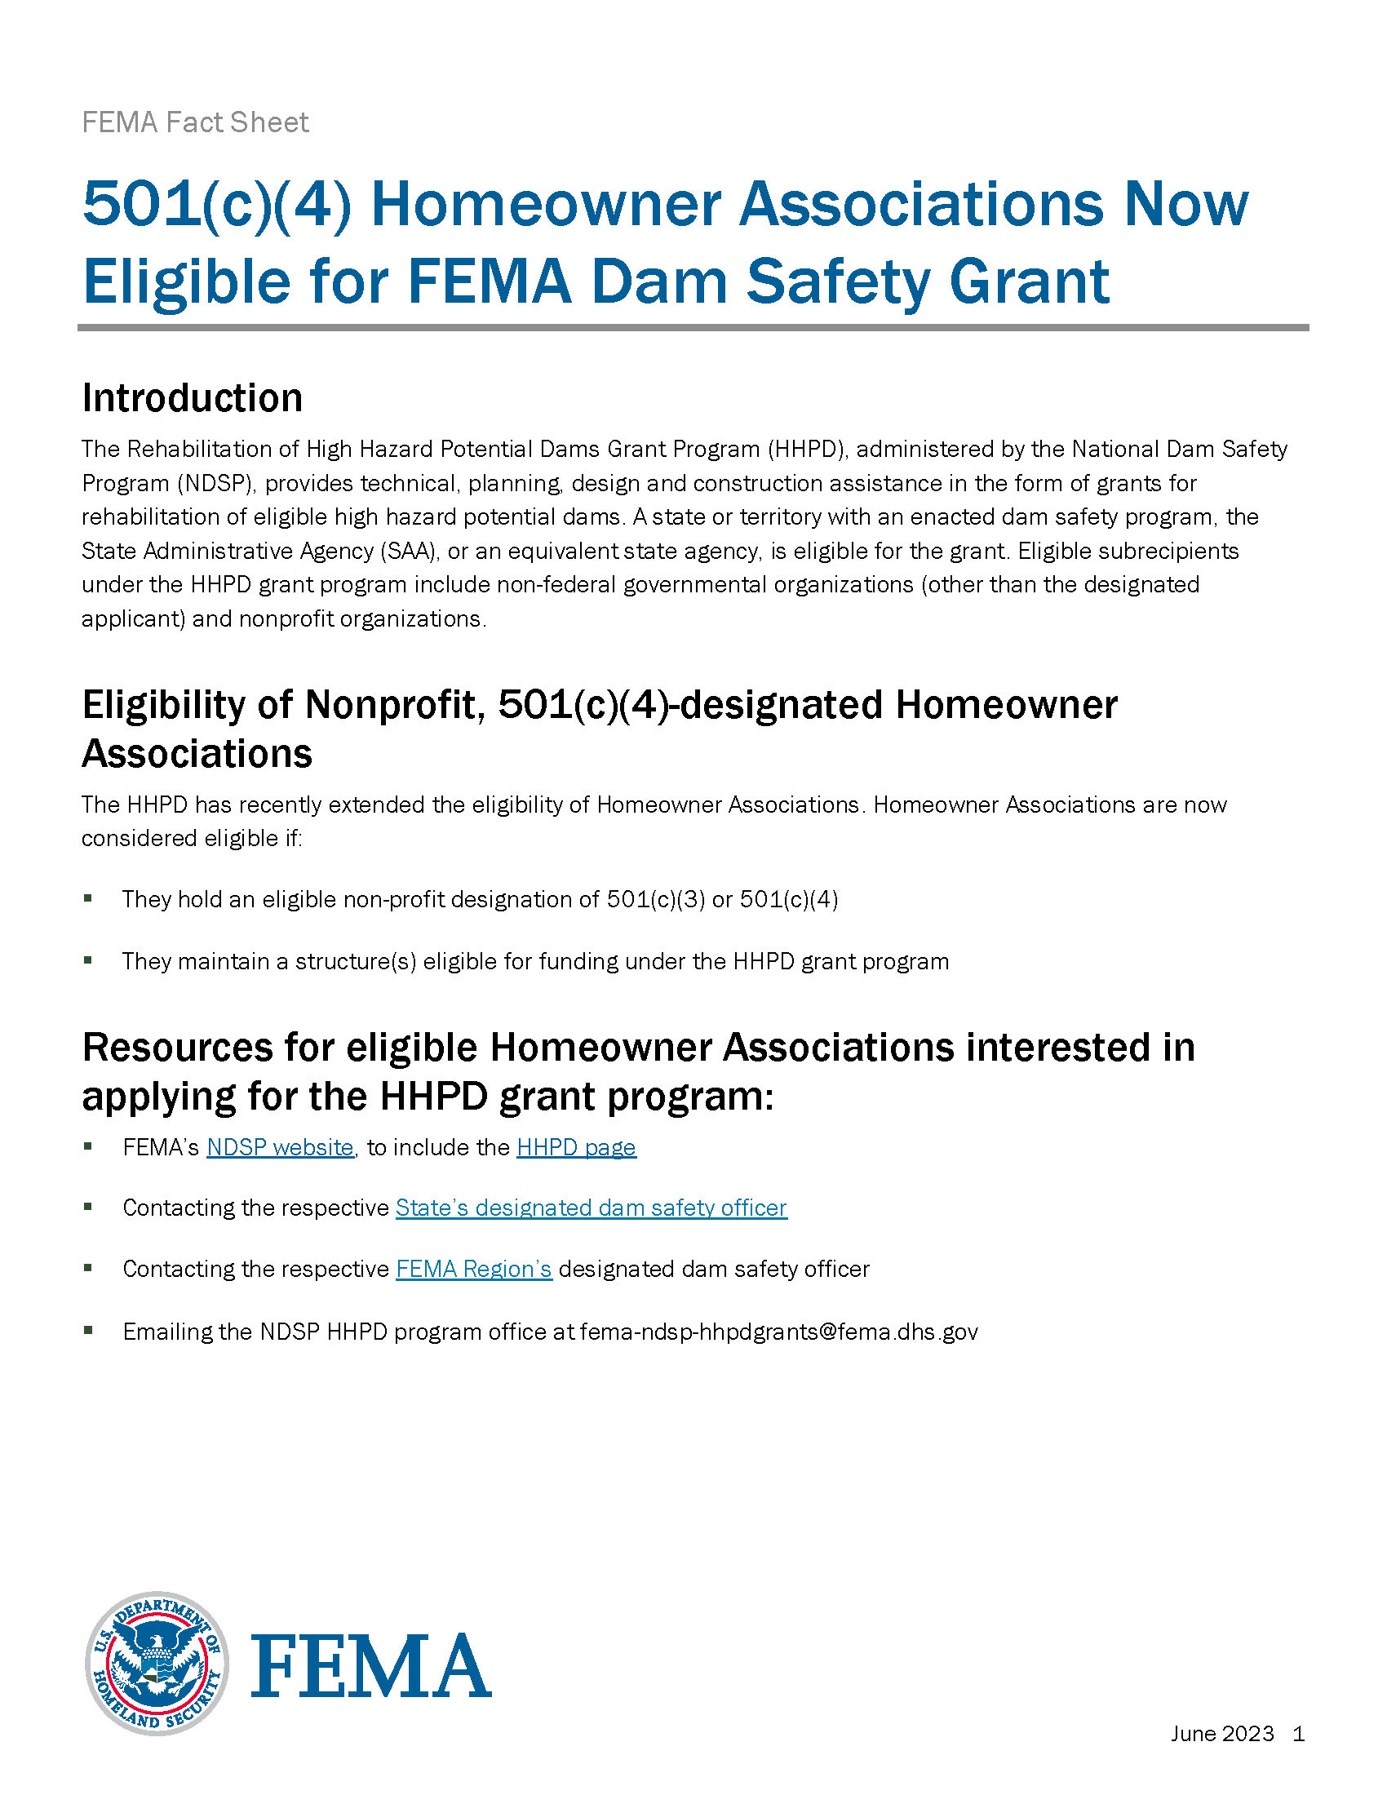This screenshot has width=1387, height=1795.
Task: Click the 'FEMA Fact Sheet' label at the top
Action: [195, 122]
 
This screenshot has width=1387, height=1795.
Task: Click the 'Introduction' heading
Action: [193, 398]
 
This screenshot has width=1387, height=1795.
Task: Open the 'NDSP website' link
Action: [279, 1147]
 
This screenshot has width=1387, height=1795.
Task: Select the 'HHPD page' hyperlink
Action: [576, 1147]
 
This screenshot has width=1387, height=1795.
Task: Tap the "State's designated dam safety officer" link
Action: [591, 1208]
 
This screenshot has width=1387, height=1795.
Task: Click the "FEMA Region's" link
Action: [473, 1269]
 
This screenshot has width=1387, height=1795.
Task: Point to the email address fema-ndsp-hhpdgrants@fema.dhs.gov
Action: [778, 1332]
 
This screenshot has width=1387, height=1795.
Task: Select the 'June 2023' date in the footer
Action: [1222, 1733]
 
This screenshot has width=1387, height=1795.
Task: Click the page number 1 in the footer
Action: [1298, 1733]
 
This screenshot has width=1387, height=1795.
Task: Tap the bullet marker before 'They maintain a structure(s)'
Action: [88, 960]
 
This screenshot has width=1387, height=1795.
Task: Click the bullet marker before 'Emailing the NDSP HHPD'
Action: [88, 1330]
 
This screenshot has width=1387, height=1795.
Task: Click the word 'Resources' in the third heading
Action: [177, 1048]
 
